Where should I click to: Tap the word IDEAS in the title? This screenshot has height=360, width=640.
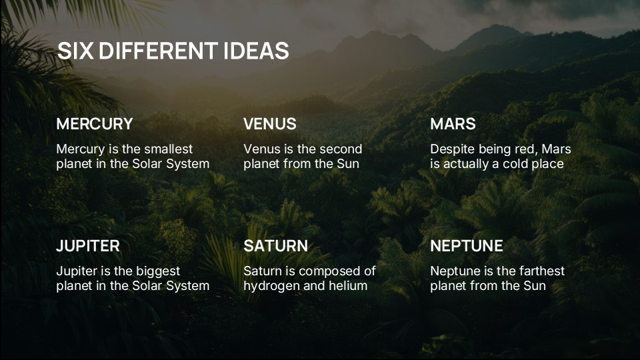(256, 51)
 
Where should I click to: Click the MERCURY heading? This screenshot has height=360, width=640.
(94, 124)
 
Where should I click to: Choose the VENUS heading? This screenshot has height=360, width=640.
(269, 124)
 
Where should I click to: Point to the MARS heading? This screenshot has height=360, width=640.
(453, 124)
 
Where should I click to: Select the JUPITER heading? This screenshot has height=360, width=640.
(88, 246)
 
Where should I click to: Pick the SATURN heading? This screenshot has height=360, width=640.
(275, 246)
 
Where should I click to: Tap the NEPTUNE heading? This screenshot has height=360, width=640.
(466, 246)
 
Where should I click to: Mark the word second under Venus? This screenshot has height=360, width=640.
(340, 149)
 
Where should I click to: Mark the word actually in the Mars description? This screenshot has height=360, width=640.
(468, 164)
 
